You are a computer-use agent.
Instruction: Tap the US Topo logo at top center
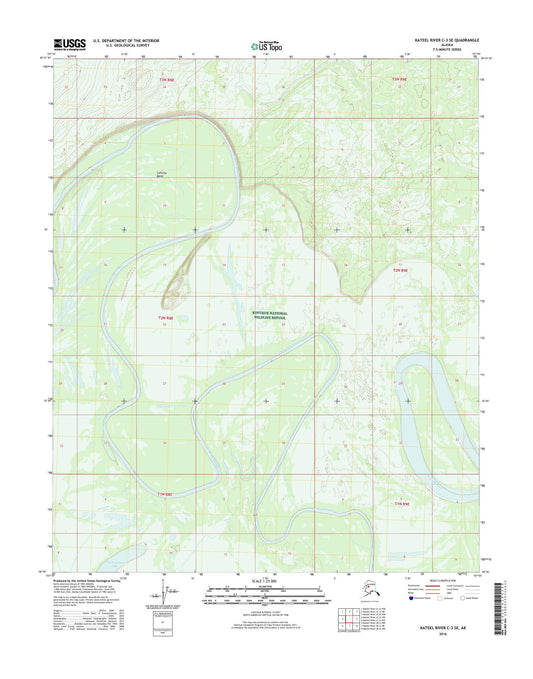[266, 45]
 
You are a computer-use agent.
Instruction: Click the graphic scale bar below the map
[266, 597]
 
